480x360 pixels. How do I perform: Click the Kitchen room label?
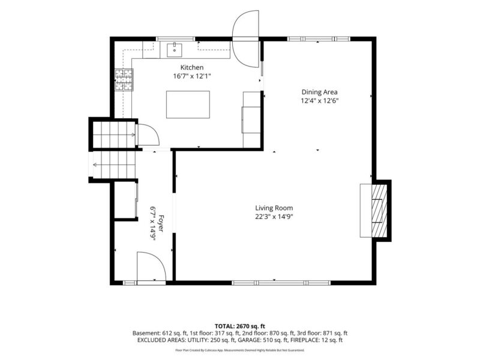pos(191,67)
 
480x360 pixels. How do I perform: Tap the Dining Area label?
pos(320,92)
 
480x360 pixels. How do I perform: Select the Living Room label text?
pos(274,208)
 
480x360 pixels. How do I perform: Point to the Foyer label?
pos(161,224)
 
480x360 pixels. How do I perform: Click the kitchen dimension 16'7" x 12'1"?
pos(192,76)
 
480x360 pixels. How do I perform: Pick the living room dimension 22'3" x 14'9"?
pos(274,217)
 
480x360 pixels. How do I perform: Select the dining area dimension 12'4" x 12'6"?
pos(320,100)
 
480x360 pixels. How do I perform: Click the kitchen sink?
pos(175,50)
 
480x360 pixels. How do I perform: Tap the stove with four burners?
pos(124,80)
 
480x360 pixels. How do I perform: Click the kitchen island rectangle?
pos(188,104)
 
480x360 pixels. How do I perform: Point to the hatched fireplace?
pos(379,211)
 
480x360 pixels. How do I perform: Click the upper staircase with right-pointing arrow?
pos(114,134)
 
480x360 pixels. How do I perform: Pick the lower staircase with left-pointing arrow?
pos(114,164)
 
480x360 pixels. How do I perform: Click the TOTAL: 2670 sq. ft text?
pos(239,326)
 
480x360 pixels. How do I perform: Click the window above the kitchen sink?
pos(176,39)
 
